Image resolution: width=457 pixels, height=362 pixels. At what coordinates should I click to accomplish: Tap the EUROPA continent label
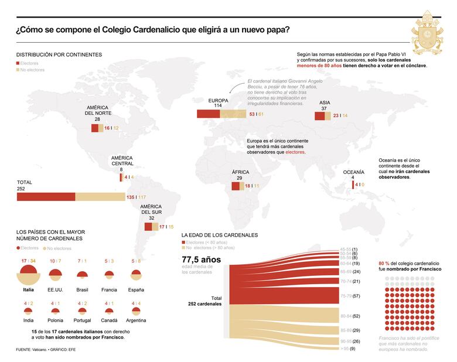tap(218, 101)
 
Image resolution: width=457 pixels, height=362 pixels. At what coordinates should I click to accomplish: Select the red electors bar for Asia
tap(319, 116)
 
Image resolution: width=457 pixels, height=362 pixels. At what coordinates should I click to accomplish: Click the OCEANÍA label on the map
tap(353, 172)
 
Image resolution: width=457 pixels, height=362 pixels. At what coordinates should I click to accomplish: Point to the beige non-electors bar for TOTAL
tap(100, 197)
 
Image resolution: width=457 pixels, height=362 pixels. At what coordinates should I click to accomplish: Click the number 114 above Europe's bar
tap(218, 106)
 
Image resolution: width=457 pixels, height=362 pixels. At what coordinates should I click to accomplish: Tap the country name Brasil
tap(82, 289)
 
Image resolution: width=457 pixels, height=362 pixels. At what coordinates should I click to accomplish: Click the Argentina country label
tap(136, 320)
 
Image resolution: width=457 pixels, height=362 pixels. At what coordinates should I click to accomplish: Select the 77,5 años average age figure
tap(201, 259)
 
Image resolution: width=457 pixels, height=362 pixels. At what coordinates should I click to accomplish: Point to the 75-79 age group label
tap(346, 296)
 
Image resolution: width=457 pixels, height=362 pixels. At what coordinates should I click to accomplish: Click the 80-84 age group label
tap(346, 316)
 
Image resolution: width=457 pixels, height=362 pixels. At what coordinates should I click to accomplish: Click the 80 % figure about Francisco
tap(384, 264)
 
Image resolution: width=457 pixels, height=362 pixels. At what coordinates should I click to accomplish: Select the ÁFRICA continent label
tap(240, 172)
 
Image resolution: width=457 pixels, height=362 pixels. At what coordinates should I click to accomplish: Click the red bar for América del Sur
tap(148, 226)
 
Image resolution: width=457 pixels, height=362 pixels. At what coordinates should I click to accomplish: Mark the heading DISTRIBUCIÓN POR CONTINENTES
tap(59, 54)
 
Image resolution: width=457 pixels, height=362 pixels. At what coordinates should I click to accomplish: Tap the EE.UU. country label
tap(55, 289)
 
